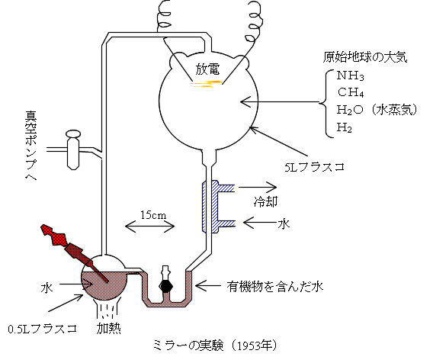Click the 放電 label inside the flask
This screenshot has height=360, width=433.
[x=207, y=69]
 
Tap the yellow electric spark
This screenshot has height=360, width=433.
[x=207, y=84]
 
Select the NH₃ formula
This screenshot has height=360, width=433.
[x=350, y=76]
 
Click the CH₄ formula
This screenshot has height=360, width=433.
[x=350, y=92]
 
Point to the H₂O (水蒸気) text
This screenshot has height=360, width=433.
[x=377, y=110]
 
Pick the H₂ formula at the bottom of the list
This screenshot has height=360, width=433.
[x=344, y=127]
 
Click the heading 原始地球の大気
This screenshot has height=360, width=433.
[x=365, y=57]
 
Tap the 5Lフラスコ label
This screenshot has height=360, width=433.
[x=315, y=167]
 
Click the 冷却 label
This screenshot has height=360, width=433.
[x=265, y=201]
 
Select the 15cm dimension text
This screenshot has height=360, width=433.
[x=153, y=214]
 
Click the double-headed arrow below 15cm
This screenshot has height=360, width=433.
[x=150, y=227]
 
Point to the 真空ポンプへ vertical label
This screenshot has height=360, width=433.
[x=31, y=146]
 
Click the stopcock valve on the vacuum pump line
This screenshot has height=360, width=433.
[x=73, y=149]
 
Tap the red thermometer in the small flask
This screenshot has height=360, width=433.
[x=74, y=252]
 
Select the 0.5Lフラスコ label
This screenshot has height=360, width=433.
[x=42, y=329]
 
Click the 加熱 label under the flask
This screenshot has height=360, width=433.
[x=108, y=329]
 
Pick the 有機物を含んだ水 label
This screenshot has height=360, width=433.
[x=275, y=287]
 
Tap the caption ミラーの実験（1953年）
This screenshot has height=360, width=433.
[x=215, y=346]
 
